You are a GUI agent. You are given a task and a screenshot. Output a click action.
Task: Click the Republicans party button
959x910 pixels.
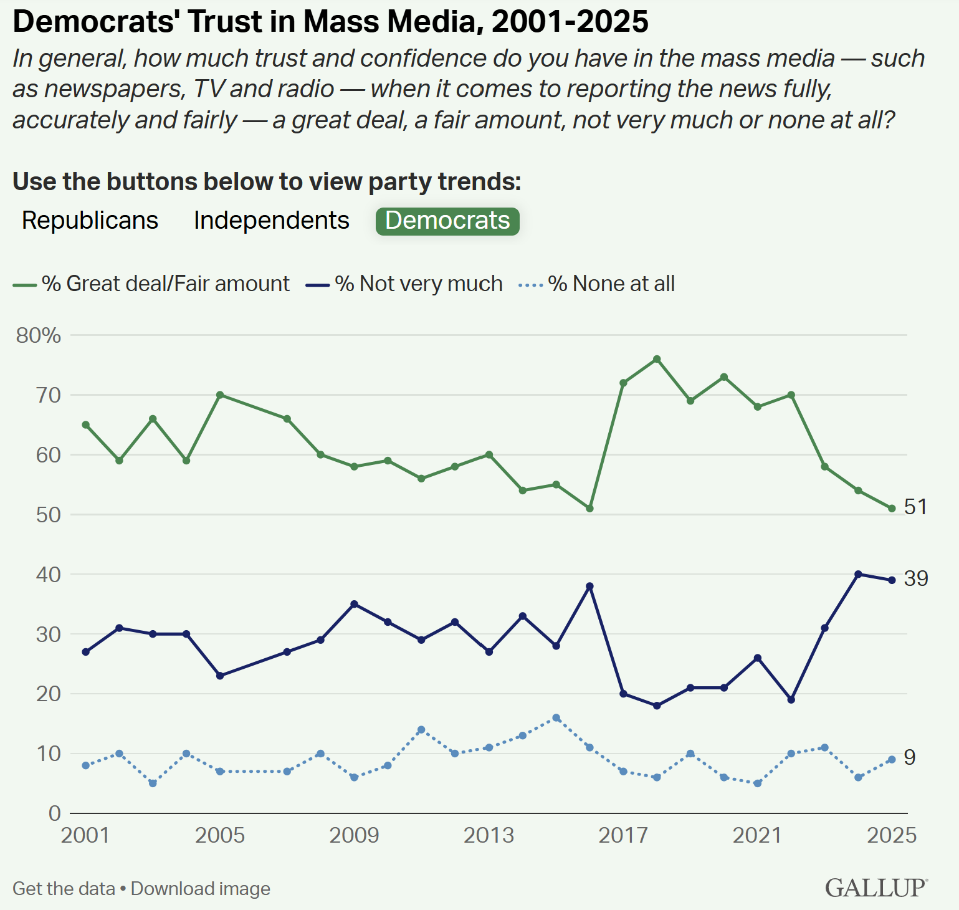[x=90, y=221]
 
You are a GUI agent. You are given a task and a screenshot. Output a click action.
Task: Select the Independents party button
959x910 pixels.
[x=271, y=221]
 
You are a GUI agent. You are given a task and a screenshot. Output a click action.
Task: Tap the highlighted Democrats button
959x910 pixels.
[x=447, y=221]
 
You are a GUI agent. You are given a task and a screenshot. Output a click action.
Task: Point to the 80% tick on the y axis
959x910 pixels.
[x=39, y=335]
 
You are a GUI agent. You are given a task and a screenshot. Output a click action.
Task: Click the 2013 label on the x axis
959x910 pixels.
[x=489, y=835]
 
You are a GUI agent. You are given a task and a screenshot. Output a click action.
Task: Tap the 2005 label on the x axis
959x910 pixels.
[x=220, y=835]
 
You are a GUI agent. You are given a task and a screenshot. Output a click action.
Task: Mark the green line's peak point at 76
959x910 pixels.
[x=657, y=359]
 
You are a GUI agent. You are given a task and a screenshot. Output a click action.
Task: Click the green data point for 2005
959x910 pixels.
[x=220, y=395]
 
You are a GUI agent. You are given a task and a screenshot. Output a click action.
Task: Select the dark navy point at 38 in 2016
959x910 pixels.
[x=589, y=586]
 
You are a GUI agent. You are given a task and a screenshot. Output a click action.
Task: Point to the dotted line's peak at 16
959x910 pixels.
[x=556, y=717]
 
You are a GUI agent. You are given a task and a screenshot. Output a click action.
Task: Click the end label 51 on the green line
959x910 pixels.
[x=915, y=507]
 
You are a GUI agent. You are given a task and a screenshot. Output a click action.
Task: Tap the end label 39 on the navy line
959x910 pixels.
[x=916, y=579]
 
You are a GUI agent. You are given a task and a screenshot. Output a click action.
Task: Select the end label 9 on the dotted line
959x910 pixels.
[x=910, y=758]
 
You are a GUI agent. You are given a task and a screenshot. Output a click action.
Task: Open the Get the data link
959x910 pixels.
[x=64, y=889]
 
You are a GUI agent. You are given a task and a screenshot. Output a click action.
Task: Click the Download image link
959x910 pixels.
[x=201, y=889]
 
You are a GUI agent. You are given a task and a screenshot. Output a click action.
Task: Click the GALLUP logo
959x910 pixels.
[x=876, y=888]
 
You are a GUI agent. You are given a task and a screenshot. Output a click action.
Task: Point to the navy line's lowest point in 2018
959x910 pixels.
[x=657, y=706]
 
